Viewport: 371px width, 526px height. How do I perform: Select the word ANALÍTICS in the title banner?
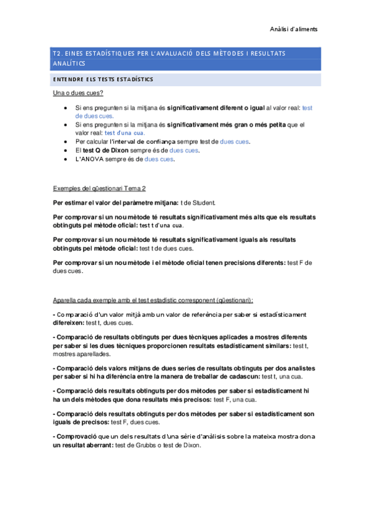click(69, 63)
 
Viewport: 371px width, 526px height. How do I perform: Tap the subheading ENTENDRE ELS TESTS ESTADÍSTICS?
click(102, 79)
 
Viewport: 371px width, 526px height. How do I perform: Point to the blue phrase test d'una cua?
click(125, 133)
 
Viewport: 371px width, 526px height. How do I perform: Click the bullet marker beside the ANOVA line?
click(67, 159)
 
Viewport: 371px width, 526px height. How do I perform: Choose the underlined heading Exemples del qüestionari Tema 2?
click(99, 189)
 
